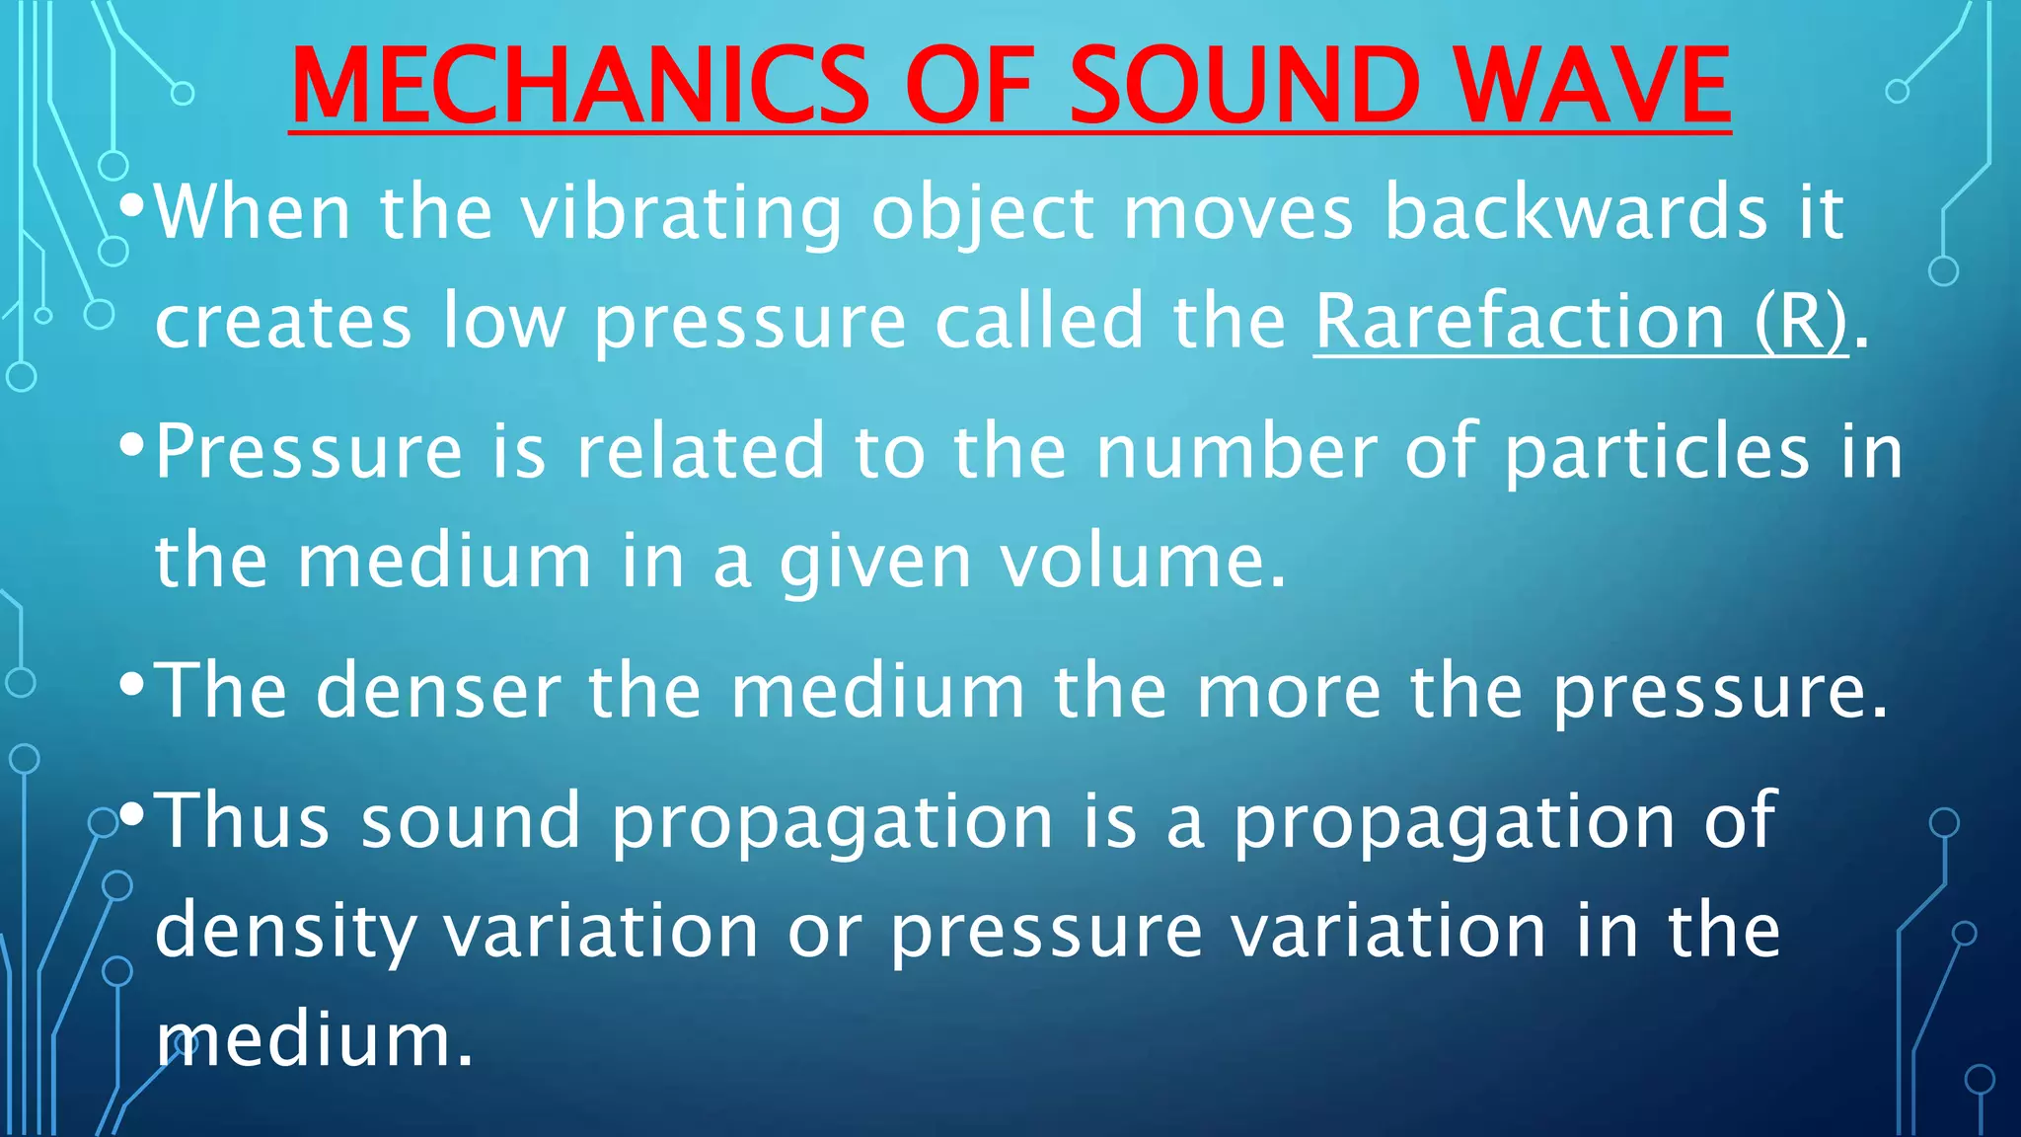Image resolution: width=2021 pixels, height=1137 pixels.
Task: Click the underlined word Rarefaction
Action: pyautogui.click(x=1521, y=322)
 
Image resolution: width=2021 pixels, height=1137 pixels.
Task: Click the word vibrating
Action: pyautogui.click(x=682, y=213)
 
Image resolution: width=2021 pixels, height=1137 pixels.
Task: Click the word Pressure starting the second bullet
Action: pyautogui.click(x=309, y=452)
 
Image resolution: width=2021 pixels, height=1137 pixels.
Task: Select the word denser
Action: pyautogui.click(x=438, y=690)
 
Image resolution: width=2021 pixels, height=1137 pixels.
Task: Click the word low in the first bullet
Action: pyautogui.click(x=503, y=322)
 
